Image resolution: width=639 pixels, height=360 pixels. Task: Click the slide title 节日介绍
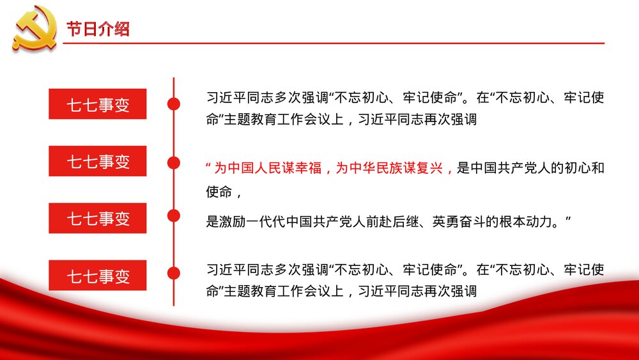coord(98,29)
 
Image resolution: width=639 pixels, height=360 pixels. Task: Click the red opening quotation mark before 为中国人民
coord(209,168)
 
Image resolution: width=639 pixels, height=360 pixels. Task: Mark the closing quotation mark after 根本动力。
coord(567,219)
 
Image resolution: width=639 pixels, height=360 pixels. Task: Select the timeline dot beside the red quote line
coord(173,162)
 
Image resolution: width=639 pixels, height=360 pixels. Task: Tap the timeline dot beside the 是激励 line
coord(173,215)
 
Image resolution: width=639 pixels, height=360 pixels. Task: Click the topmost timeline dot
coord(173,104)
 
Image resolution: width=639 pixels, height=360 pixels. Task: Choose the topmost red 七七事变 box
coord(98,104)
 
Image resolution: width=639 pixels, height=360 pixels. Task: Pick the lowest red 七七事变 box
coord(98,276)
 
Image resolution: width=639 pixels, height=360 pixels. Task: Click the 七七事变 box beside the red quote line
coord(98,161)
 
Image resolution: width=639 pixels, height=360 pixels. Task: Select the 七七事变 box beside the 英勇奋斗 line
coord(98,218)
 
